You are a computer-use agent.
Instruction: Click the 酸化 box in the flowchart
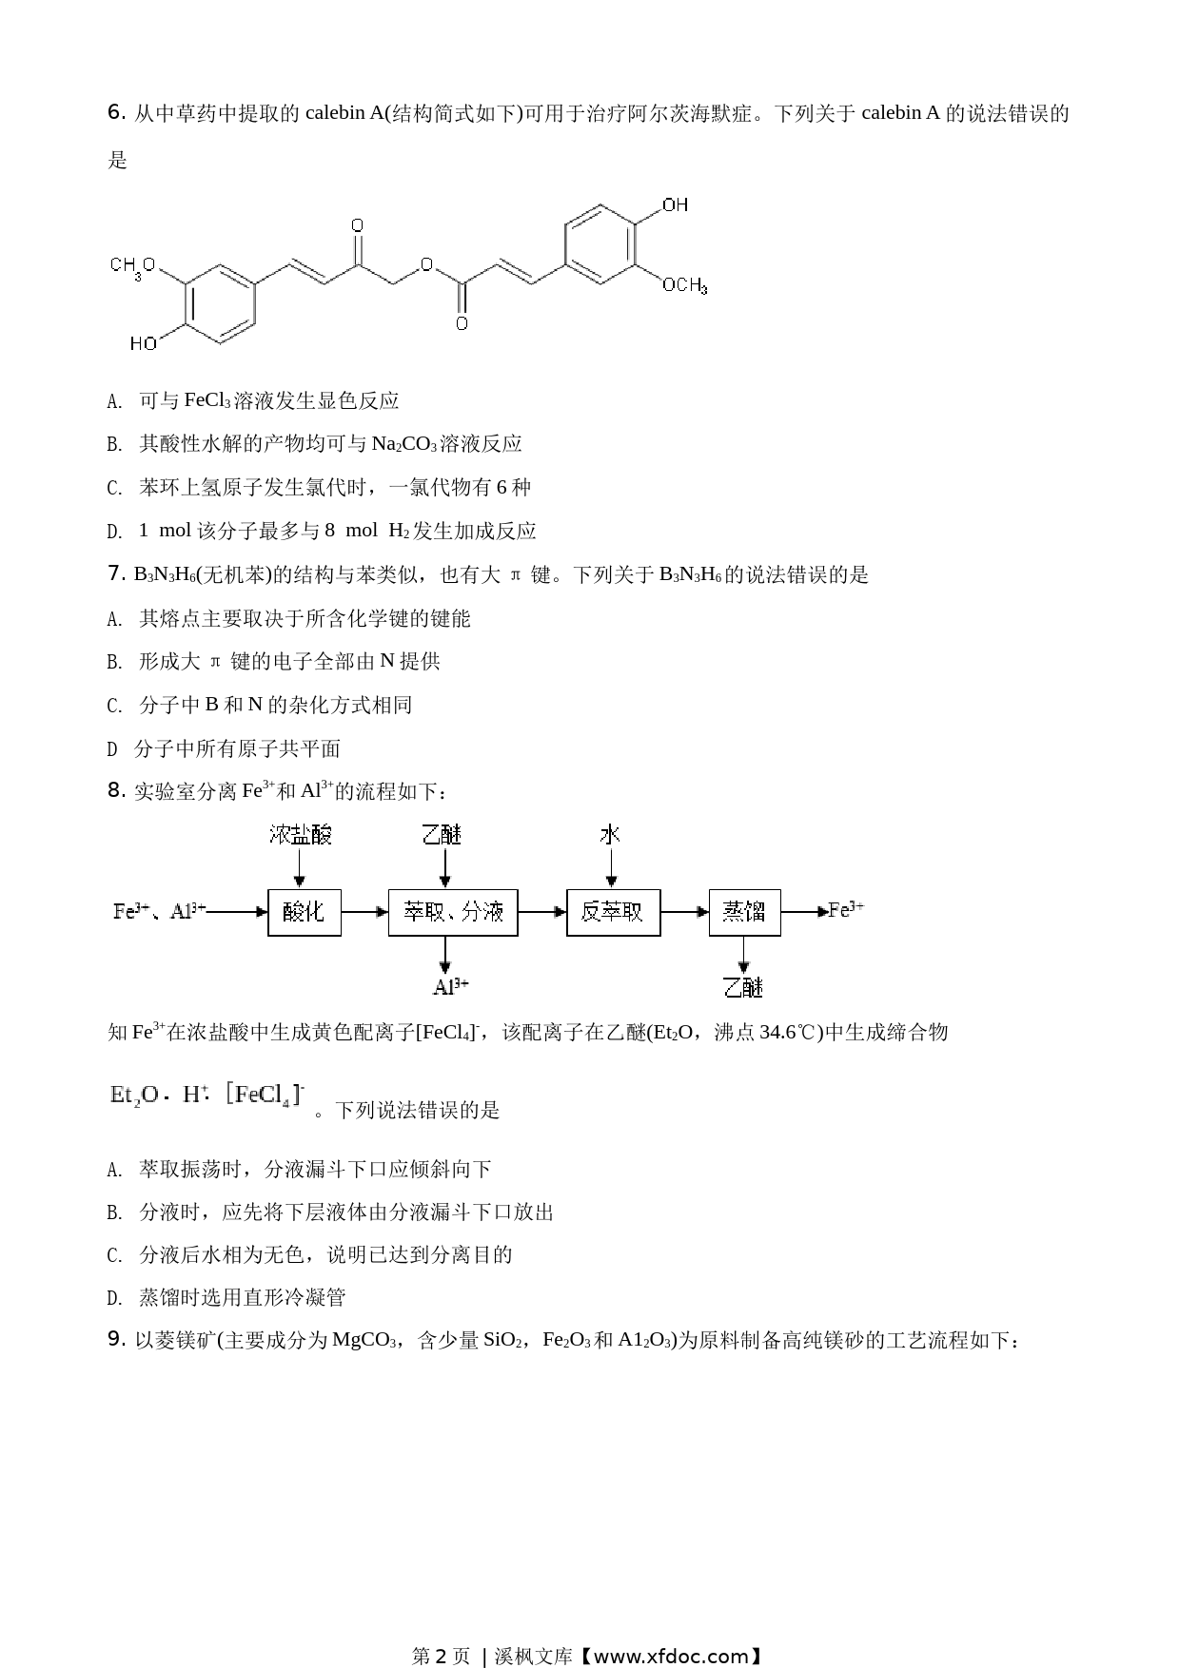click(x=305, y=912)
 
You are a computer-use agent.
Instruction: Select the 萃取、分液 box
click(x=453, y=912)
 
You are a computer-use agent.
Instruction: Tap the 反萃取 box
click(x=613, y=912)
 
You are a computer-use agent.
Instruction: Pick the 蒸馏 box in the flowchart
click(x=744, y=912)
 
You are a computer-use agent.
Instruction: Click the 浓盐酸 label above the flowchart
click(x=301, y=835)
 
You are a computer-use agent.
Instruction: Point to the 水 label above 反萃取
click(x=610, y=835)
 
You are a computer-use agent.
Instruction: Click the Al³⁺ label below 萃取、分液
click(x=451, y=987)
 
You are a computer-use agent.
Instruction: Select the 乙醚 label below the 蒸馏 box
click(x=743, y=987)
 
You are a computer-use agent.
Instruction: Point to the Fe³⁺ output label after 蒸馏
click(x=846, y=910)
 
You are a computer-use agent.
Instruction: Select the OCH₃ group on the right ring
click(x=685, y=285)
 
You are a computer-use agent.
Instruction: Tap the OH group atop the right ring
click(x=675, y=205)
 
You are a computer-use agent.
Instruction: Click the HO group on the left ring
click(x=144, y=343)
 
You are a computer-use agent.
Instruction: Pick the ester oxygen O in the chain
click(x=426, y=266)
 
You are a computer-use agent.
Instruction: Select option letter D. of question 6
click(x=115, y=532)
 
